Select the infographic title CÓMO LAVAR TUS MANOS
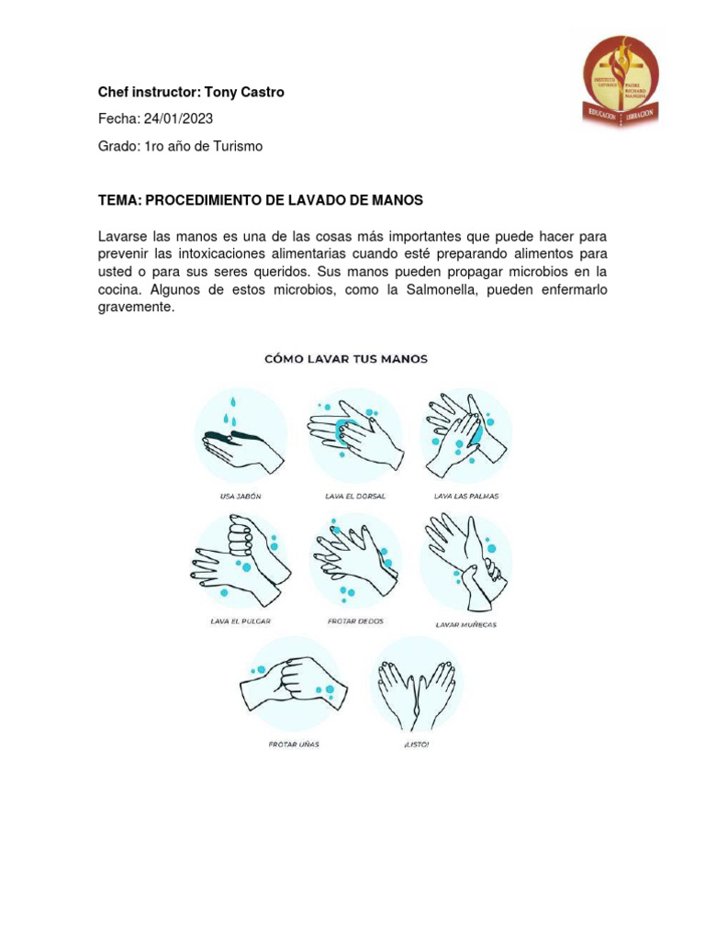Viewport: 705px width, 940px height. (346, 359)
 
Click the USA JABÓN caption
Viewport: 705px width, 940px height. (241, 496)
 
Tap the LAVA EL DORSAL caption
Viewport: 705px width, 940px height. (355, 496)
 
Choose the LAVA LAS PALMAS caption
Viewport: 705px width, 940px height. (466, 496)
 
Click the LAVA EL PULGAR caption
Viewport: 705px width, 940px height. (241, 621)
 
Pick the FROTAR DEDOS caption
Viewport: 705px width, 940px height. (355, 621)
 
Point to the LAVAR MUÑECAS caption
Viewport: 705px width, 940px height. (465, 625)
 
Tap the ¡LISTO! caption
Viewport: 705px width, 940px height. (416, 744)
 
